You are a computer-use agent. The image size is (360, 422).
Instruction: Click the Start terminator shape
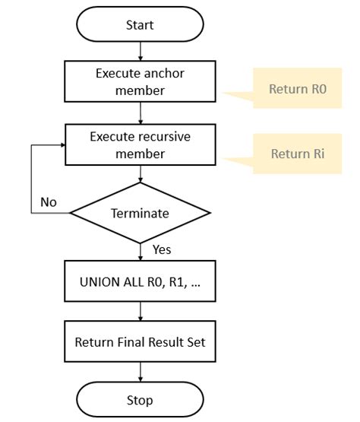140,25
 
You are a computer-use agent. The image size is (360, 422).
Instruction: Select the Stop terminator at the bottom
140,400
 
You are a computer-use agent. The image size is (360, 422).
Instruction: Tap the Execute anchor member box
140,81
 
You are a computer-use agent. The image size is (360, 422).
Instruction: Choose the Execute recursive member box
140,144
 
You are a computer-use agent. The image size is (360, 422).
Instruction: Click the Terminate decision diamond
140,214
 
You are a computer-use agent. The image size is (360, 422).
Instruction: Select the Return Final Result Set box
140,341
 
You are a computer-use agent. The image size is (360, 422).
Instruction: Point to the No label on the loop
49,203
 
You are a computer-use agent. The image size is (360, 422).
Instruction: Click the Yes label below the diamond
163,249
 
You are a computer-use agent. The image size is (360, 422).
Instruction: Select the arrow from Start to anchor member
141,51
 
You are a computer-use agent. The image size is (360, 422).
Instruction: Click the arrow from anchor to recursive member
141,113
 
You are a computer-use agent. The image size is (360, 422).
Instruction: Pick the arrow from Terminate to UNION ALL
141,252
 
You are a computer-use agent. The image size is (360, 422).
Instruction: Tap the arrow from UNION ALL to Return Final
141,311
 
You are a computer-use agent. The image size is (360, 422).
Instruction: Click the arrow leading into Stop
141,372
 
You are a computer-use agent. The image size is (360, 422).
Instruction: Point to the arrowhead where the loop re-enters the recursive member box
62,144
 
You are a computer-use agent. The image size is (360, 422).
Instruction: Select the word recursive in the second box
163,137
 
